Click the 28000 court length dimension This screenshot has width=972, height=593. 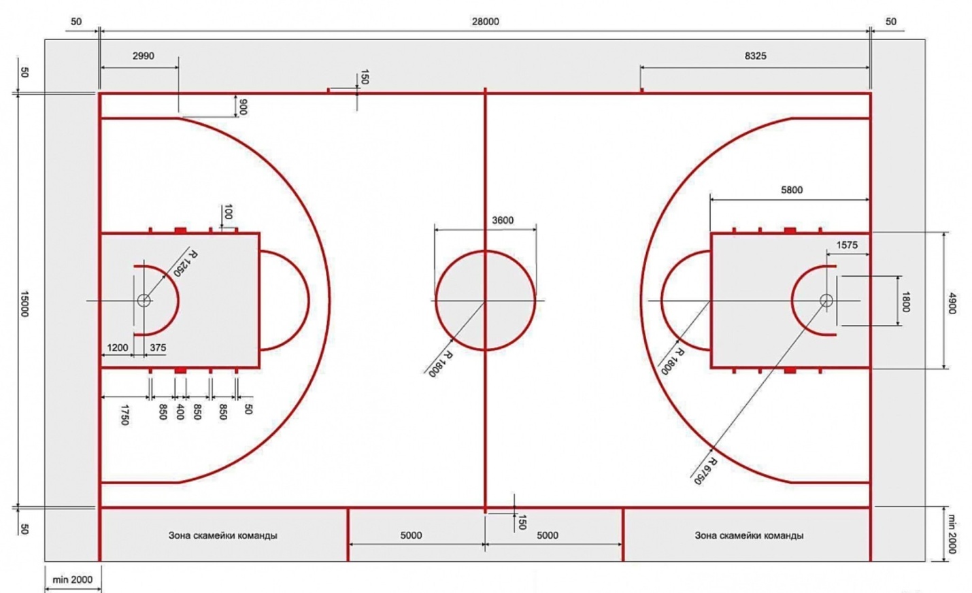click(486, 21)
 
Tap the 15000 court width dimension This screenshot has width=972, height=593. click(24, 304)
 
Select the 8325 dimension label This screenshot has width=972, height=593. click(756, 56)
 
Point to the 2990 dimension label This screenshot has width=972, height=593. click(144, 56)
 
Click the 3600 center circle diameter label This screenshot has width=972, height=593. click(503, 220)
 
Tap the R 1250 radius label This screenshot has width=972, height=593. click(185, 263)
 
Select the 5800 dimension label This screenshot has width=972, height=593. click(792, 190)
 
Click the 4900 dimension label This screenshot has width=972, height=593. click(952, 304)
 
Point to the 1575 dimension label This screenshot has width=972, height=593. click(847, 245)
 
